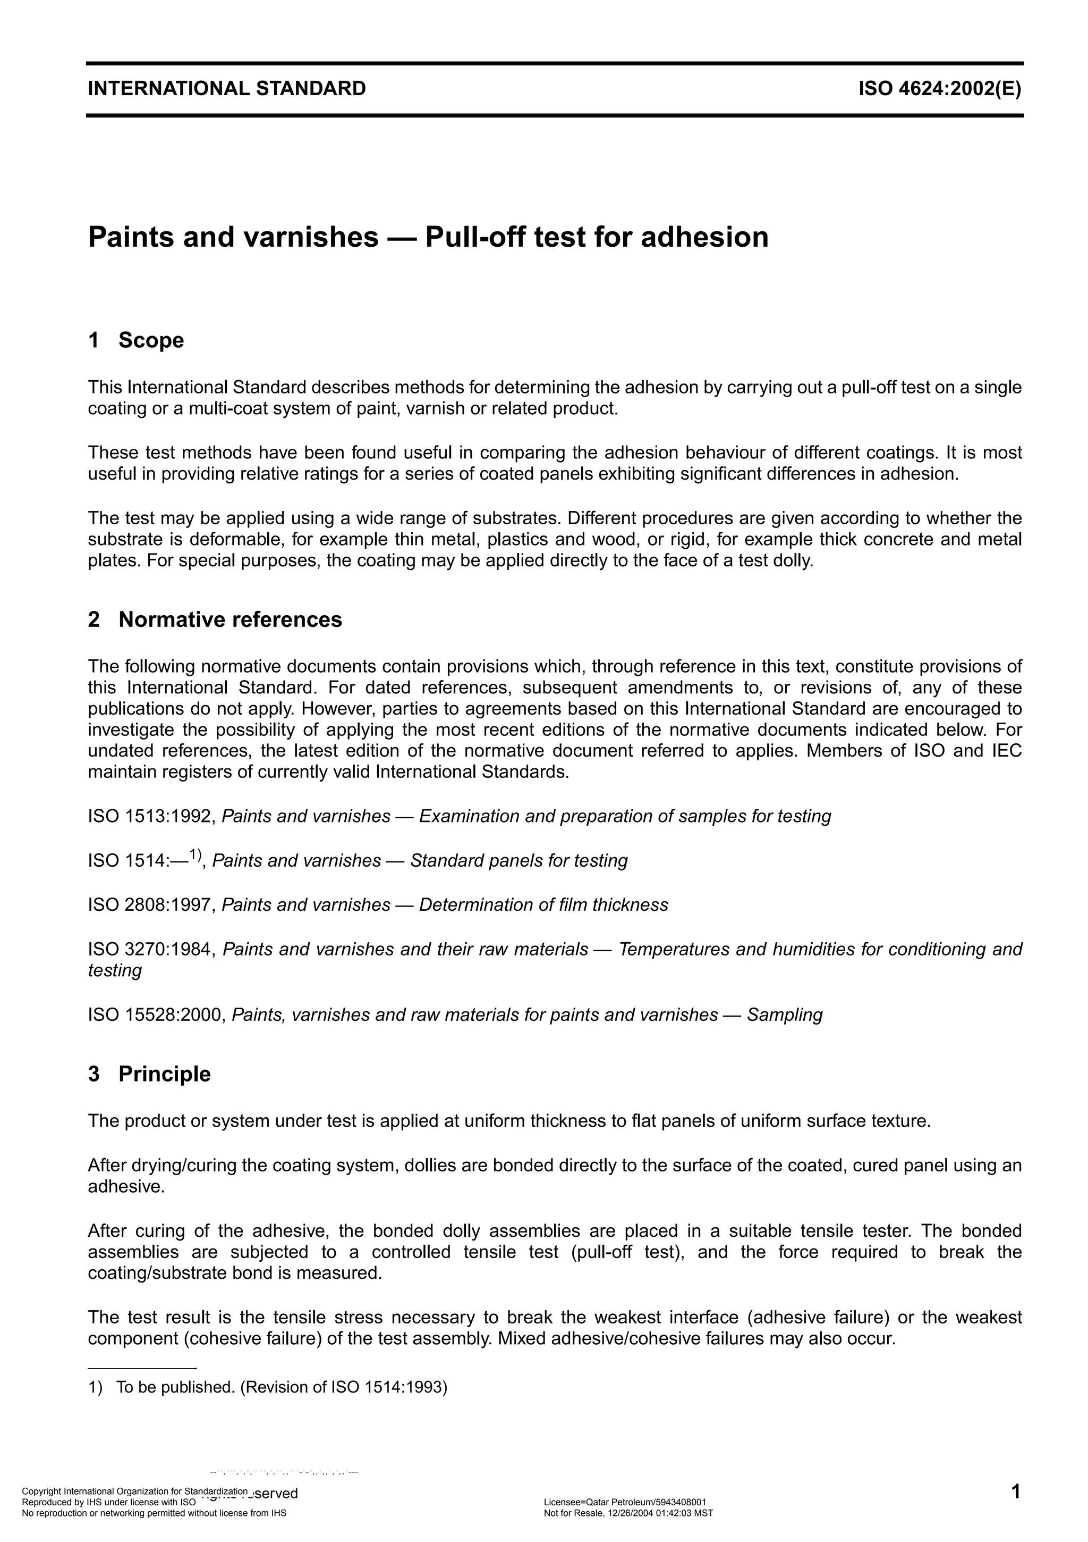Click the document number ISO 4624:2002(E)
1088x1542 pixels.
click(x=939, y=89)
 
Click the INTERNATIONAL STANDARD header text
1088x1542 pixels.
click(x=227, y=89)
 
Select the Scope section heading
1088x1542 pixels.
click(x=150, y=340)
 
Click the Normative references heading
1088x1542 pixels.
click(x=229, y=619)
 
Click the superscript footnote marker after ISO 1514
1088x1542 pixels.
click(x=194, y=854)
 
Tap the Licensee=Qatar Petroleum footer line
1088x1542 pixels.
click(x=624, y=1502)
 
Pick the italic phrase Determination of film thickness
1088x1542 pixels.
click(x=543, y=904)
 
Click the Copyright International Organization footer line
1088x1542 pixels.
click(x=134, y=1491)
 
